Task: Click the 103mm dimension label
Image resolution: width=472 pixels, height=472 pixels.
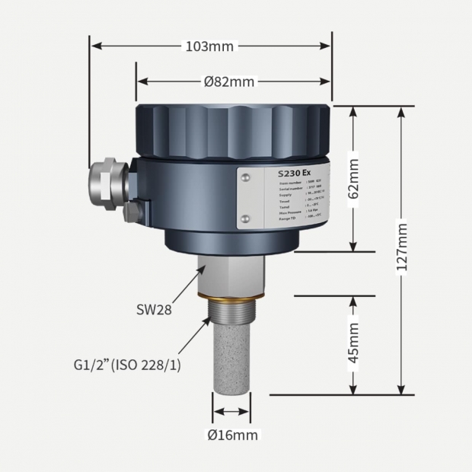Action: coord(209,46)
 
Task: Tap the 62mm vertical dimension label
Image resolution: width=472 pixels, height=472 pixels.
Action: coord(353,179)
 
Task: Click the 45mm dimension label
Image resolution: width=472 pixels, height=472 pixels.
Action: coord(353,344)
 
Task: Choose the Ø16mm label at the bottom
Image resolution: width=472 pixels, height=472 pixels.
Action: coord(233,435)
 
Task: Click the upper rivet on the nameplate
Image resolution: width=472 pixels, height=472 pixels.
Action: coord(245,178)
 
